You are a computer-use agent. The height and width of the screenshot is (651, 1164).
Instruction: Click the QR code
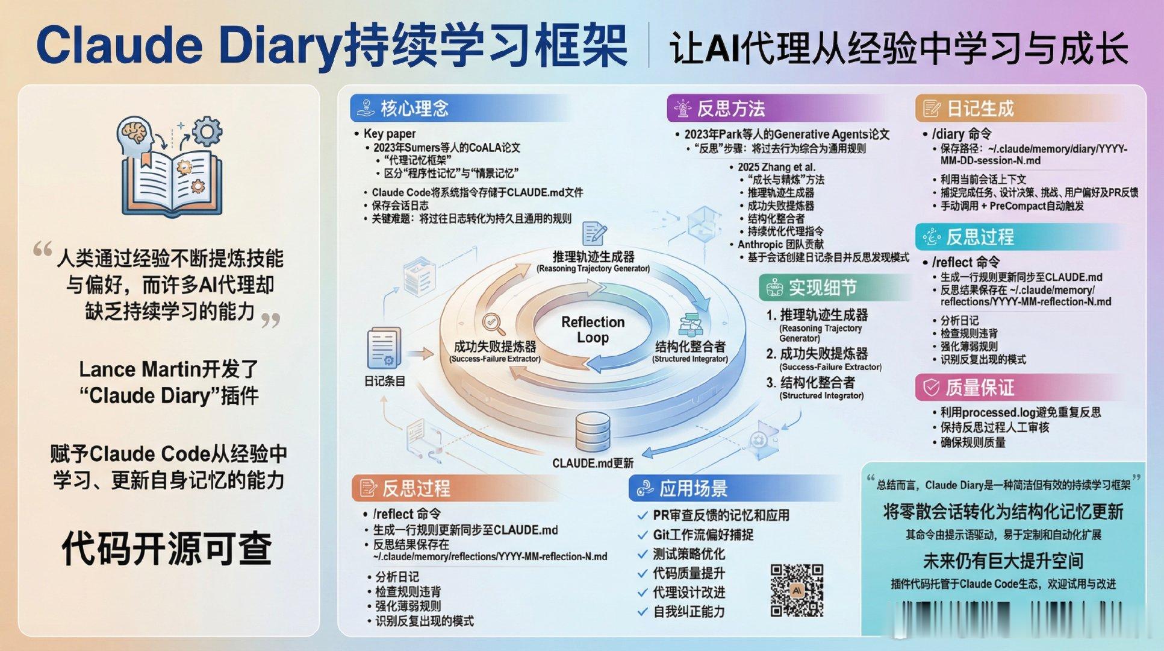(797, 590)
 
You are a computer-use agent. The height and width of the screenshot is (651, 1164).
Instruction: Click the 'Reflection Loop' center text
(593, 329)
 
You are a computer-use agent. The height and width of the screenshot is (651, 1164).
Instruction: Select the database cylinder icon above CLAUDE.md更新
(593, 432)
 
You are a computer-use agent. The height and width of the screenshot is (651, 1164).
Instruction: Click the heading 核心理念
(414, 108)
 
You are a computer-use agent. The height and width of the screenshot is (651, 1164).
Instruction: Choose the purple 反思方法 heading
(730, 108)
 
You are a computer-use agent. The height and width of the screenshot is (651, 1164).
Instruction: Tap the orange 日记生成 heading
(980, 108)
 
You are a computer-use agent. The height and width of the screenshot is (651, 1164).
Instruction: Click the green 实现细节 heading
(823, 288)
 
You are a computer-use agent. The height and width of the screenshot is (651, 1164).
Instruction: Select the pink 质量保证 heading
(980, 387)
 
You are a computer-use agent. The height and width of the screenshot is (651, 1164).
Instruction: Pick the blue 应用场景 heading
(693, 488)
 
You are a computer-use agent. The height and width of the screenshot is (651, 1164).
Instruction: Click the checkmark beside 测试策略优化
(643, 554)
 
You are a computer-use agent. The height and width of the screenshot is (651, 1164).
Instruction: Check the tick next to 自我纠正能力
(643, 612)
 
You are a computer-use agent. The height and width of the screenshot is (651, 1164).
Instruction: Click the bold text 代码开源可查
(167, 548)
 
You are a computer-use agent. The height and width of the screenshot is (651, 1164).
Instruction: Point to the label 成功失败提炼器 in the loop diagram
(495, 347)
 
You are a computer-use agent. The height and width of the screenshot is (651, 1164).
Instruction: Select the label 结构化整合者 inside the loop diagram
(690, 347)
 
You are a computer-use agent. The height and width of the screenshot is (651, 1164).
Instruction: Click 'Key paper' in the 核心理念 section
(389, 134)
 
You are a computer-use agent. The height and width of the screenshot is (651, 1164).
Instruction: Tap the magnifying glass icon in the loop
(493, 324)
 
